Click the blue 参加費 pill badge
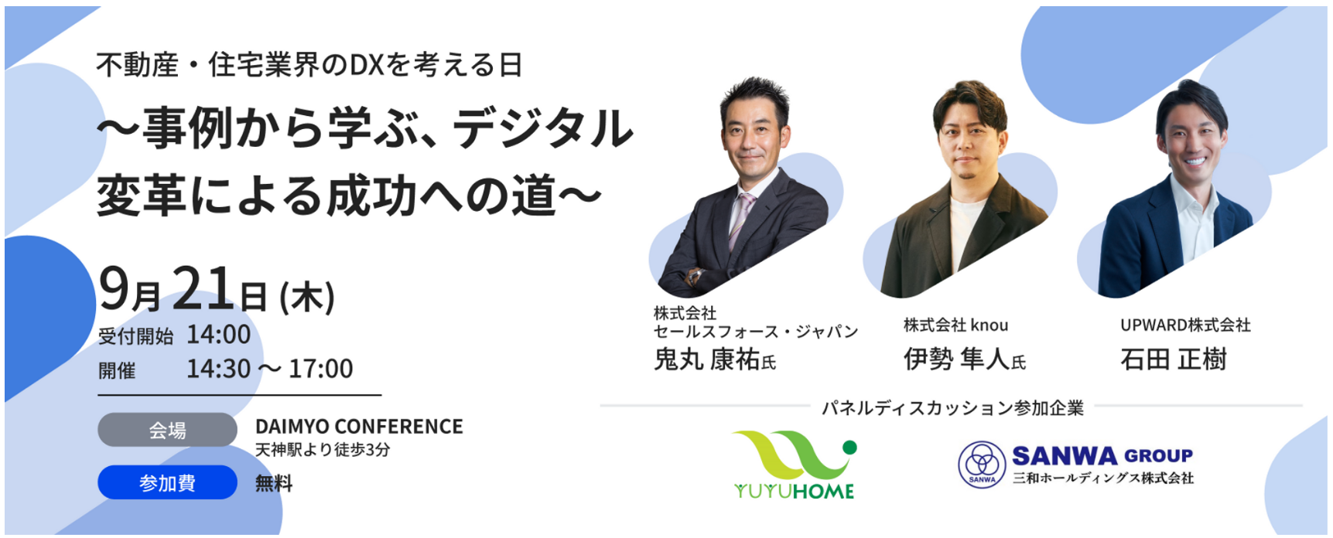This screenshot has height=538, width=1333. coord(167,482)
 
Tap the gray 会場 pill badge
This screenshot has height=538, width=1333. coord(167,430)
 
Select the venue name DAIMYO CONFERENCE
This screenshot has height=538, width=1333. coord(359,427)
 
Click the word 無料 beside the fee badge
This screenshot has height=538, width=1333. coord(274,484)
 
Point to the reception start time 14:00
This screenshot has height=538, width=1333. coord(219,335)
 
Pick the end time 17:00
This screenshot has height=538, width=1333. coord(321,369)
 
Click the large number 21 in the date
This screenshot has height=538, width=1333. coord(203,288)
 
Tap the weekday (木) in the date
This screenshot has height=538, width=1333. coord(307,297)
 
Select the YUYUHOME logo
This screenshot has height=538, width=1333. coord(794,465)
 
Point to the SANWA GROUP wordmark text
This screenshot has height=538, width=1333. coord(1102,456)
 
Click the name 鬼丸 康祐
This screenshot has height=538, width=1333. coord(707,359)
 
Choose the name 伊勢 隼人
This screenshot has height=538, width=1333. coord(956,359)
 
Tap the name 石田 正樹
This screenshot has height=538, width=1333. coord(1174,359)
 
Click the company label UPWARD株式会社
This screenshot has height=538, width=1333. coord(1185,325)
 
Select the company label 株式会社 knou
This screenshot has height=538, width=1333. coord(955,325)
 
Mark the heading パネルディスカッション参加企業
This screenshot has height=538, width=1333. coord(952,407)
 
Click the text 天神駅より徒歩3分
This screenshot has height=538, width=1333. coord(323,450)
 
